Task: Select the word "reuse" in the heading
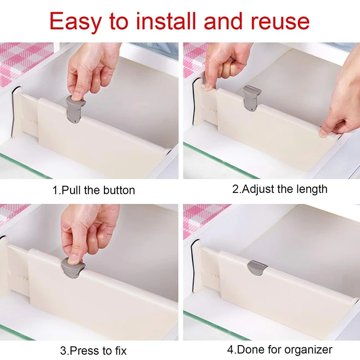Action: point(280,22)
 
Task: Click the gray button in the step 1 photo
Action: point(75,109)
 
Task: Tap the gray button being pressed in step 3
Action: point(73,268)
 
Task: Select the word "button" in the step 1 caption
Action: point(119,190)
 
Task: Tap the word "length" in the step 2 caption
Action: point(312,189)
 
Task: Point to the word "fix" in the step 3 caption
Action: point(120,351)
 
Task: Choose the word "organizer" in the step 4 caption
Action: point(308,350)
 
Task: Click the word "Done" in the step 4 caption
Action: point(250,350)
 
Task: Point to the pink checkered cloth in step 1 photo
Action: point(25,62)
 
